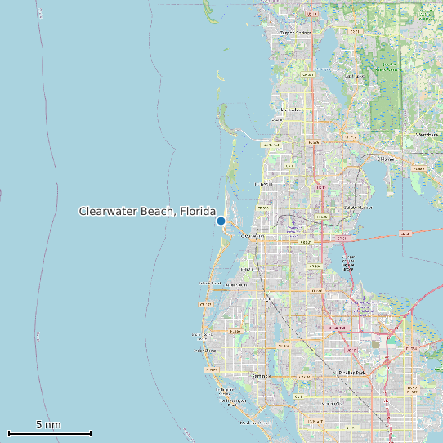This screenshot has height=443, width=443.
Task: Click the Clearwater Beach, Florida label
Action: coord(147,212)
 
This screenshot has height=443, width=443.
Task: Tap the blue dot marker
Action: coord(221,221)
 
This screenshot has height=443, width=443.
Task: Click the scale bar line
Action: coord(49,433)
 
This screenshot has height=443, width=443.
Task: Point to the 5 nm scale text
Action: coord(49,425)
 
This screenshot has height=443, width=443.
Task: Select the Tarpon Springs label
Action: coord(296,33)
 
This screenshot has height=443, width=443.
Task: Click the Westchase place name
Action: coord(427,133)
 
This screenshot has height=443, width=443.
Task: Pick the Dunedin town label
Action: coord(264,185)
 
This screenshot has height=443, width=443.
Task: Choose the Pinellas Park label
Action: coord(353,372)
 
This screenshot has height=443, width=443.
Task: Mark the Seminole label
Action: coord(261,375)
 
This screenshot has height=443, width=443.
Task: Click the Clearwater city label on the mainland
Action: coord(254,235)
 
